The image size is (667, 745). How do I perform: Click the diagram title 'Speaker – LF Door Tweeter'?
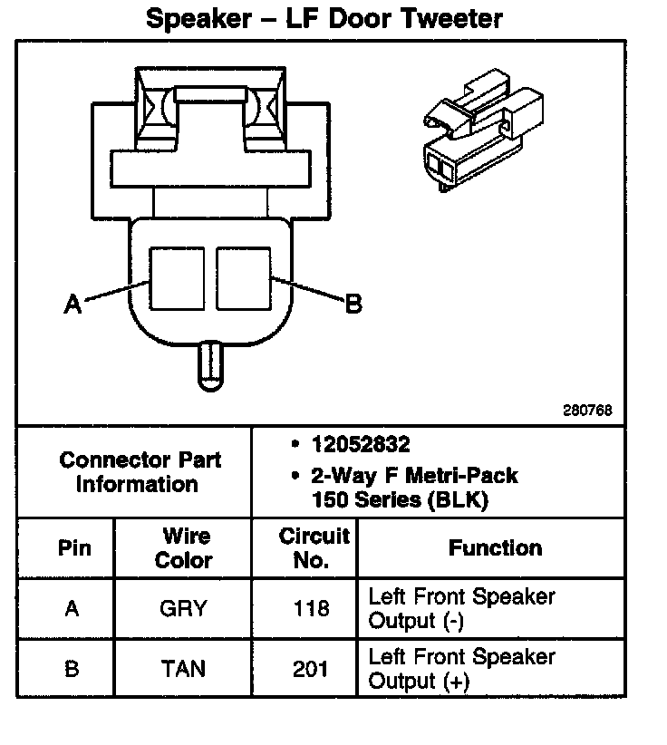pyautogui.click(x=324, y=18)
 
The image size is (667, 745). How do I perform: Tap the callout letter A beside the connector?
pyautogui.click(x=73, y=305)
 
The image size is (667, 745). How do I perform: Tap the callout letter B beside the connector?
pyautogui.click(x=353, y=304)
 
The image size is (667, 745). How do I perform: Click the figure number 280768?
pyautogui.click(x=587, y=410)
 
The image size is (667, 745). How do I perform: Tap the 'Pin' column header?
pyautogui.click(x=72, y=548)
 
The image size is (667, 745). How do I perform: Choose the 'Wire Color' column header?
pyautogui.click(x=183, y=547)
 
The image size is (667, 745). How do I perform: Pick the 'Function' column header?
pyautogui.click(x=495, y=547)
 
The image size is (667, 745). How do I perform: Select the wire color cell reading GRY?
pyautogui.click(x=183, y=609)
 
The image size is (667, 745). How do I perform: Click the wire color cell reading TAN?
pyautogui.click(x=183, y=669)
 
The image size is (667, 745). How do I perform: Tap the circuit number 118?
pyautogui.click(x=311, y=609)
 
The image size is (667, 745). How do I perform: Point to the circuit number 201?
pyautogui.click(x=311, y=669)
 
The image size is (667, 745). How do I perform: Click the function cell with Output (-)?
pyautogui.click(x=461, y=609)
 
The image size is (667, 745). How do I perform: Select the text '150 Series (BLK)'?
pyautogui.click(x=400, y=499)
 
